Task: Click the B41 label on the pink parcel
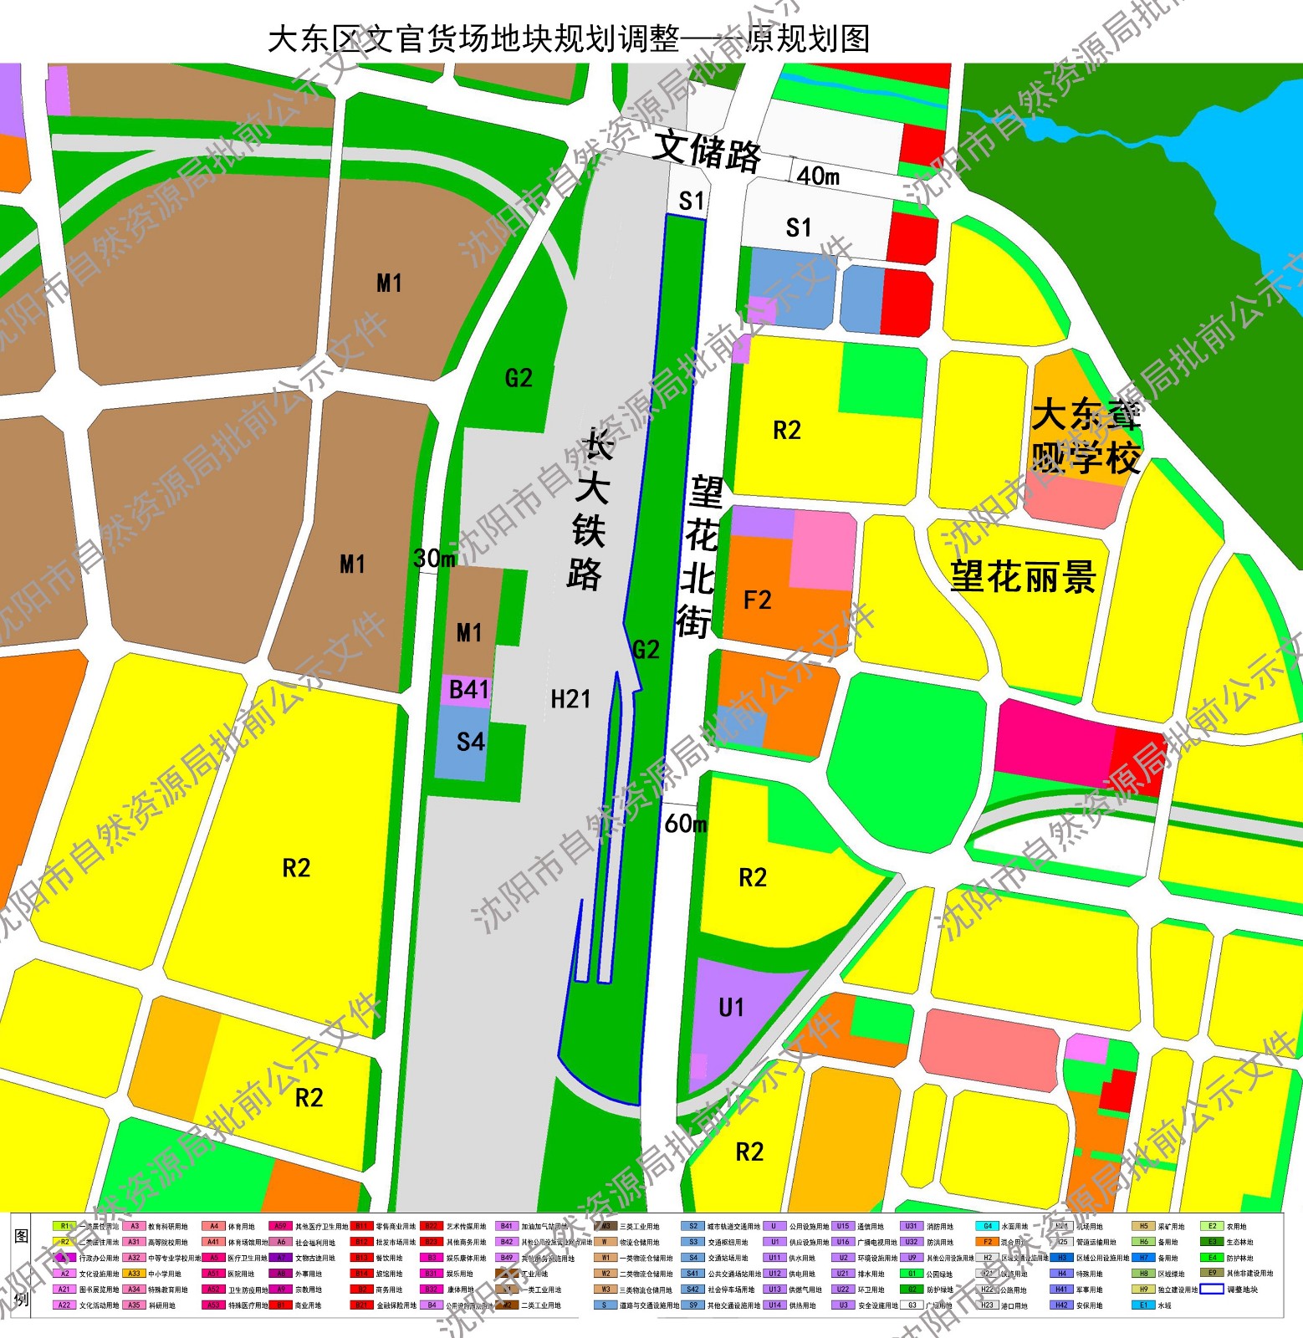pyautogui.click(x=468, y=690)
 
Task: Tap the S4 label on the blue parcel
pyautogui.click(x=470, y=742)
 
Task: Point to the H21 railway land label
pyautogui.click(x=570, y=699)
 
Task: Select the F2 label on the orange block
pyautogui.click(x=757, y=600)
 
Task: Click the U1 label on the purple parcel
pyautogui.click(x=731, y=1008)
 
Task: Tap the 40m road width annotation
pyautogui.click(x=817, y=176)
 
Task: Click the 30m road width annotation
pyautogui.click(x=433, y=559)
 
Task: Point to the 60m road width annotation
pyautogui.click(x=685, y=825)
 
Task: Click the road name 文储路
pyautogui.click(x=707, y=151)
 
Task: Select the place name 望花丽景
pyautogui.click(x=1022, y=577)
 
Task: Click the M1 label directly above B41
pyautogui.click(x=468, y=633)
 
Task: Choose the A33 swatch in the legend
pyautogui.click(x=134, y=1274)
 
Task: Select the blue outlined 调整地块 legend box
pyautogui.click(x=1212, y=1289)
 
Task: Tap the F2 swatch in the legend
pyautogui.click(x=988, y=1242)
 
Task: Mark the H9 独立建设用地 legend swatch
pyautogui.click(x=1143, y=1289)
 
